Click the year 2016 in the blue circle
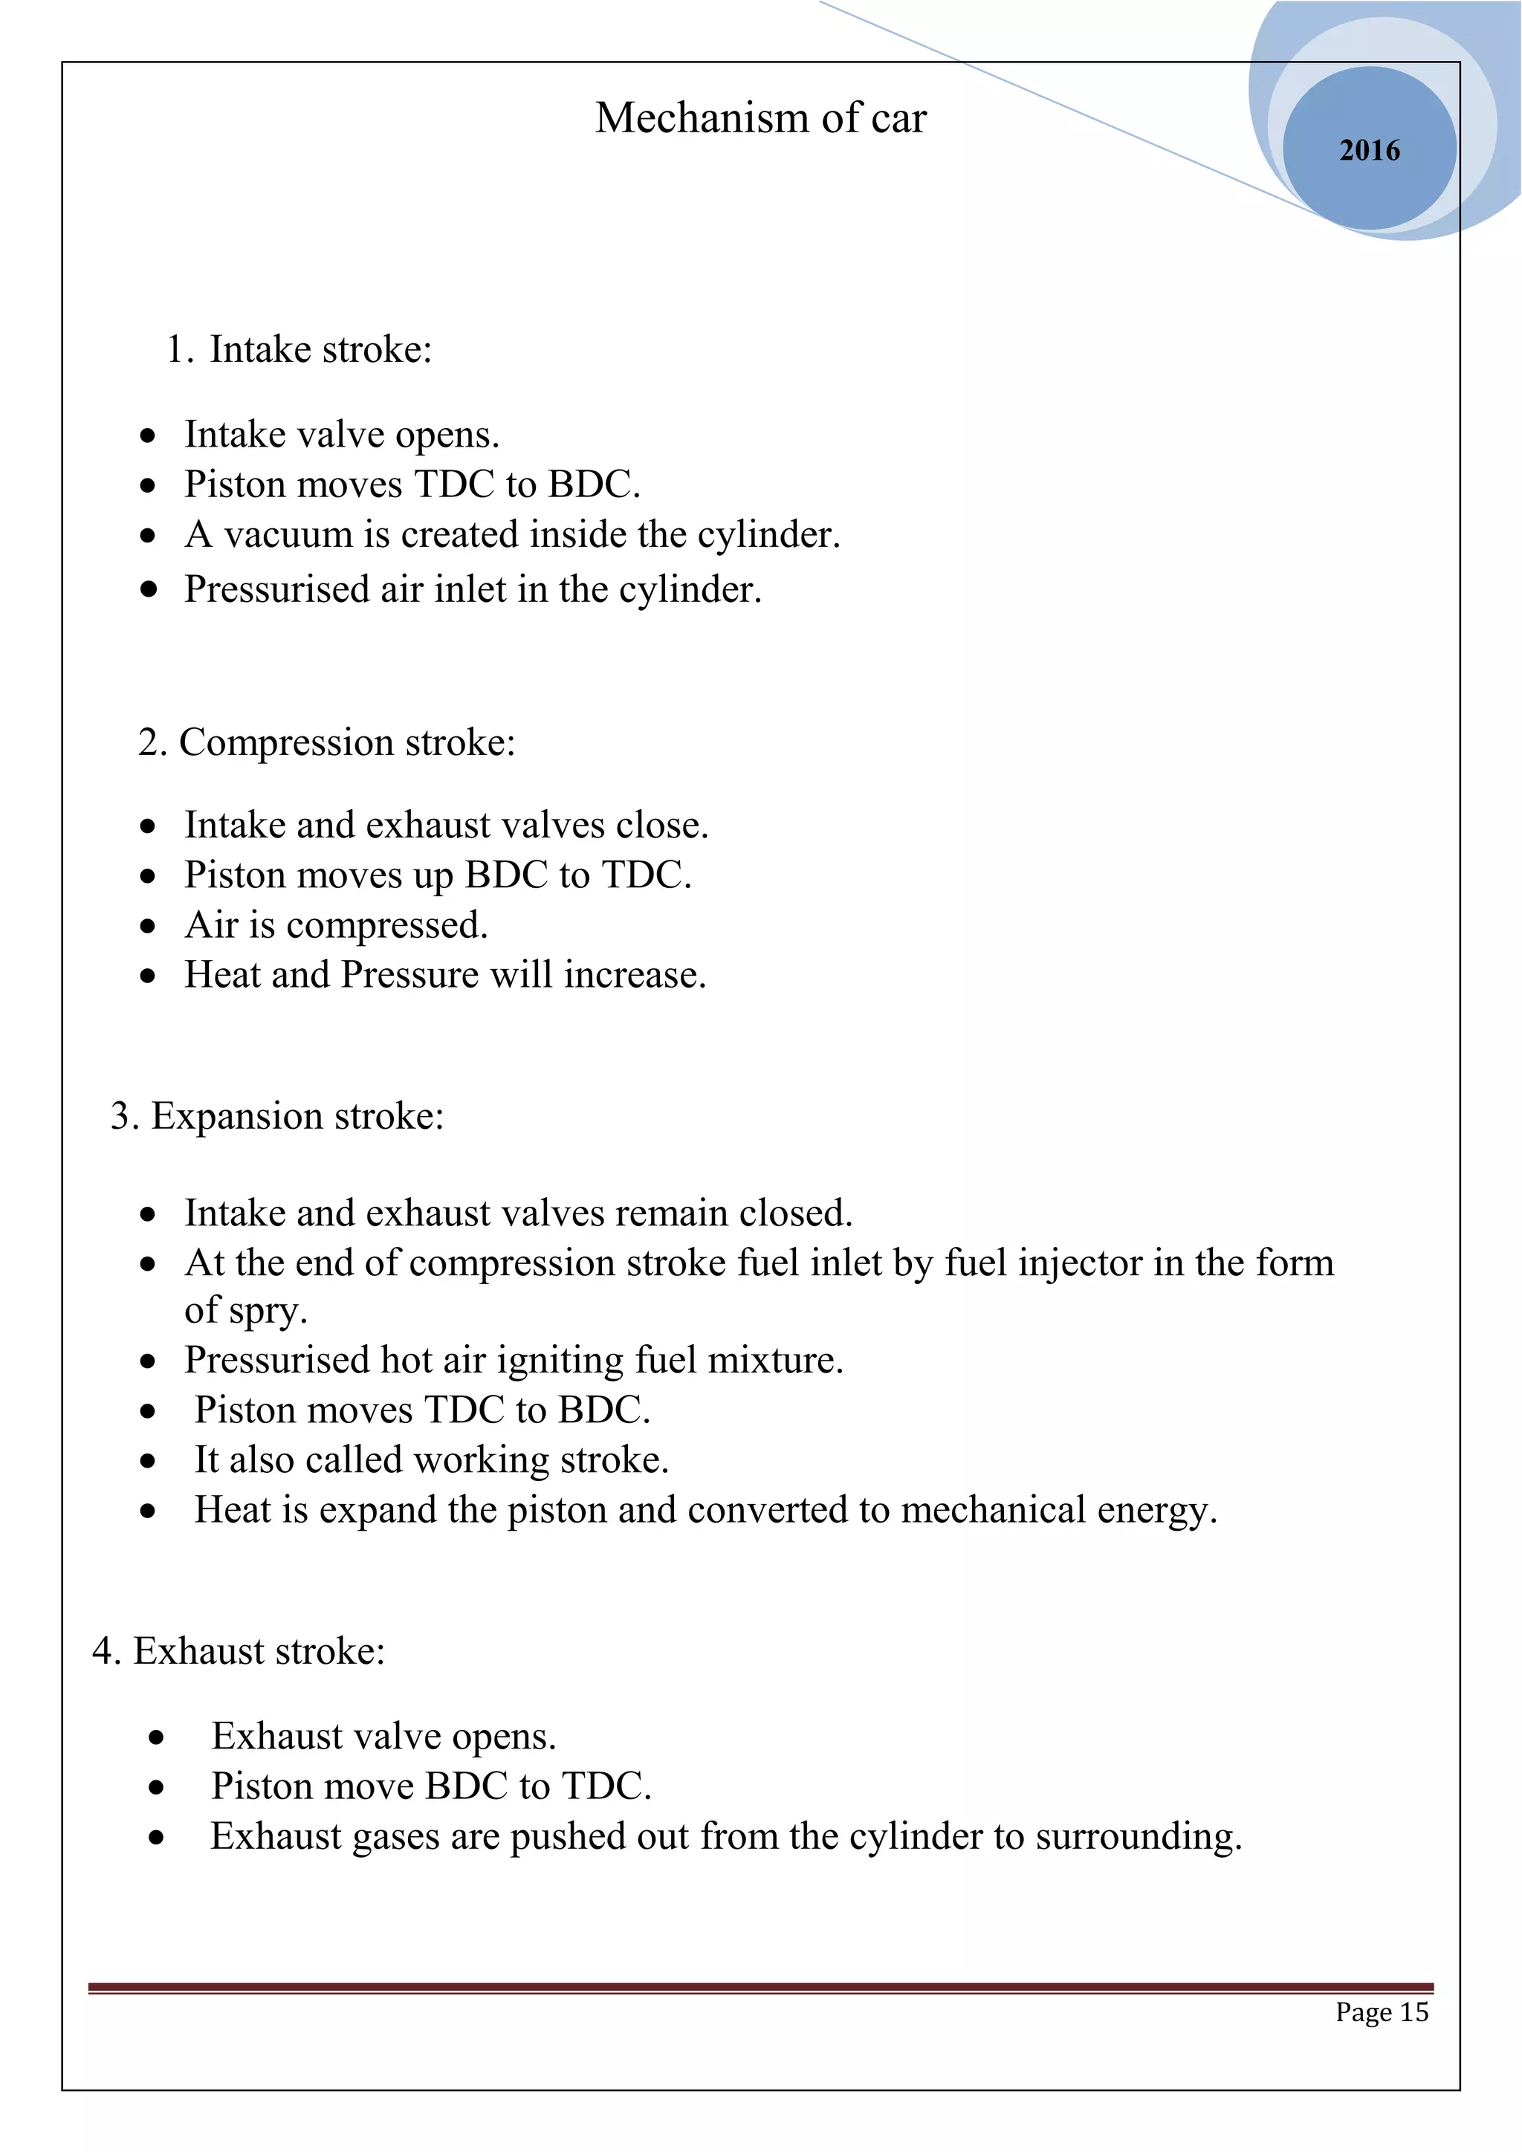[1368, 150]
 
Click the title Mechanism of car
[760, 118]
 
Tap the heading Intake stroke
[320, 349]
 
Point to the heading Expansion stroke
[297, 1116]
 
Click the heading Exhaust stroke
[259, 1650]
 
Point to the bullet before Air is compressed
[148, 926]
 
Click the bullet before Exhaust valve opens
[157, 1737]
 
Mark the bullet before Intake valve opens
[148, 436]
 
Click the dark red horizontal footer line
[760, 1987]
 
